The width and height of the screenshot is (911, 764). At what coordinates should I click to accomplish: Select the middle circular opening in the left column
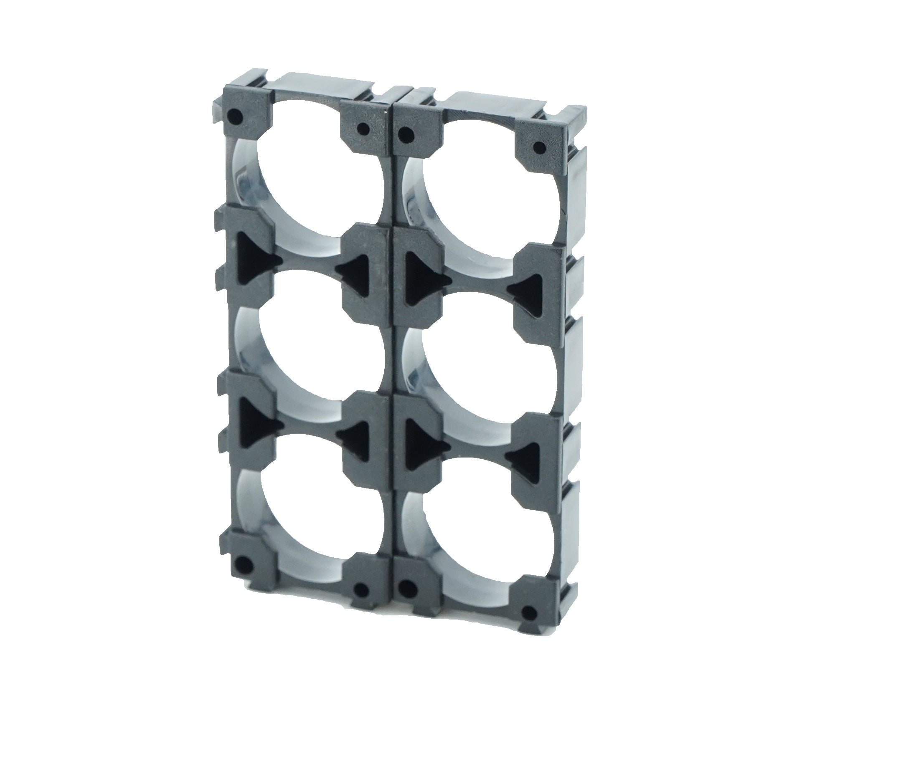click(310, 342)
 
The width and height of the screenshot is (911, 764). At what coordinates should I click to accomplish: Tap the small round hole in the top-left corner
click(235, 116)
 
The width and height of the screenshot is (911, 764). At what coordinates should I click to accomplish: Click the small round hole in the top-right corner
click(540, 148)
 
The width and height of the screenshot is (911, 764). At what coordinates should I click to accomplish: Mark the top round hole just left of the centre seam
click(363, 128)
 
